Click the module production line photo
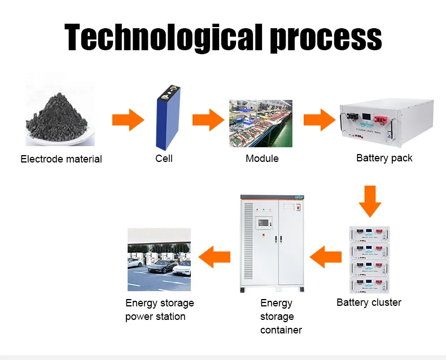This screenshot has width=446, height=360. tap(260, 124)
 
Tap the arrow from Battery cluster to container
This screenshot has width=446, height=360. tap(326, 257)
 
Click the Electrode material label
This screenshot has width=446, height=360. tap(61, 159)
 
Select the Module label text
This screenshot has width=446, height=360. tap(262, 159)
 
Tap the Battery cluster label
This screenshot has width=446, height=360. tap(369, 302)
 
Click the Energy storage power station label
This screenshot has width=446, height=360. tap(159, 310)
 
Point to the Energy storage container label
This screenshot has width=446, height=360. tap(281, 317)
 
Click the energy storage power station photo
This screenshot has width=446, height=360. tap(159, 259)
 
